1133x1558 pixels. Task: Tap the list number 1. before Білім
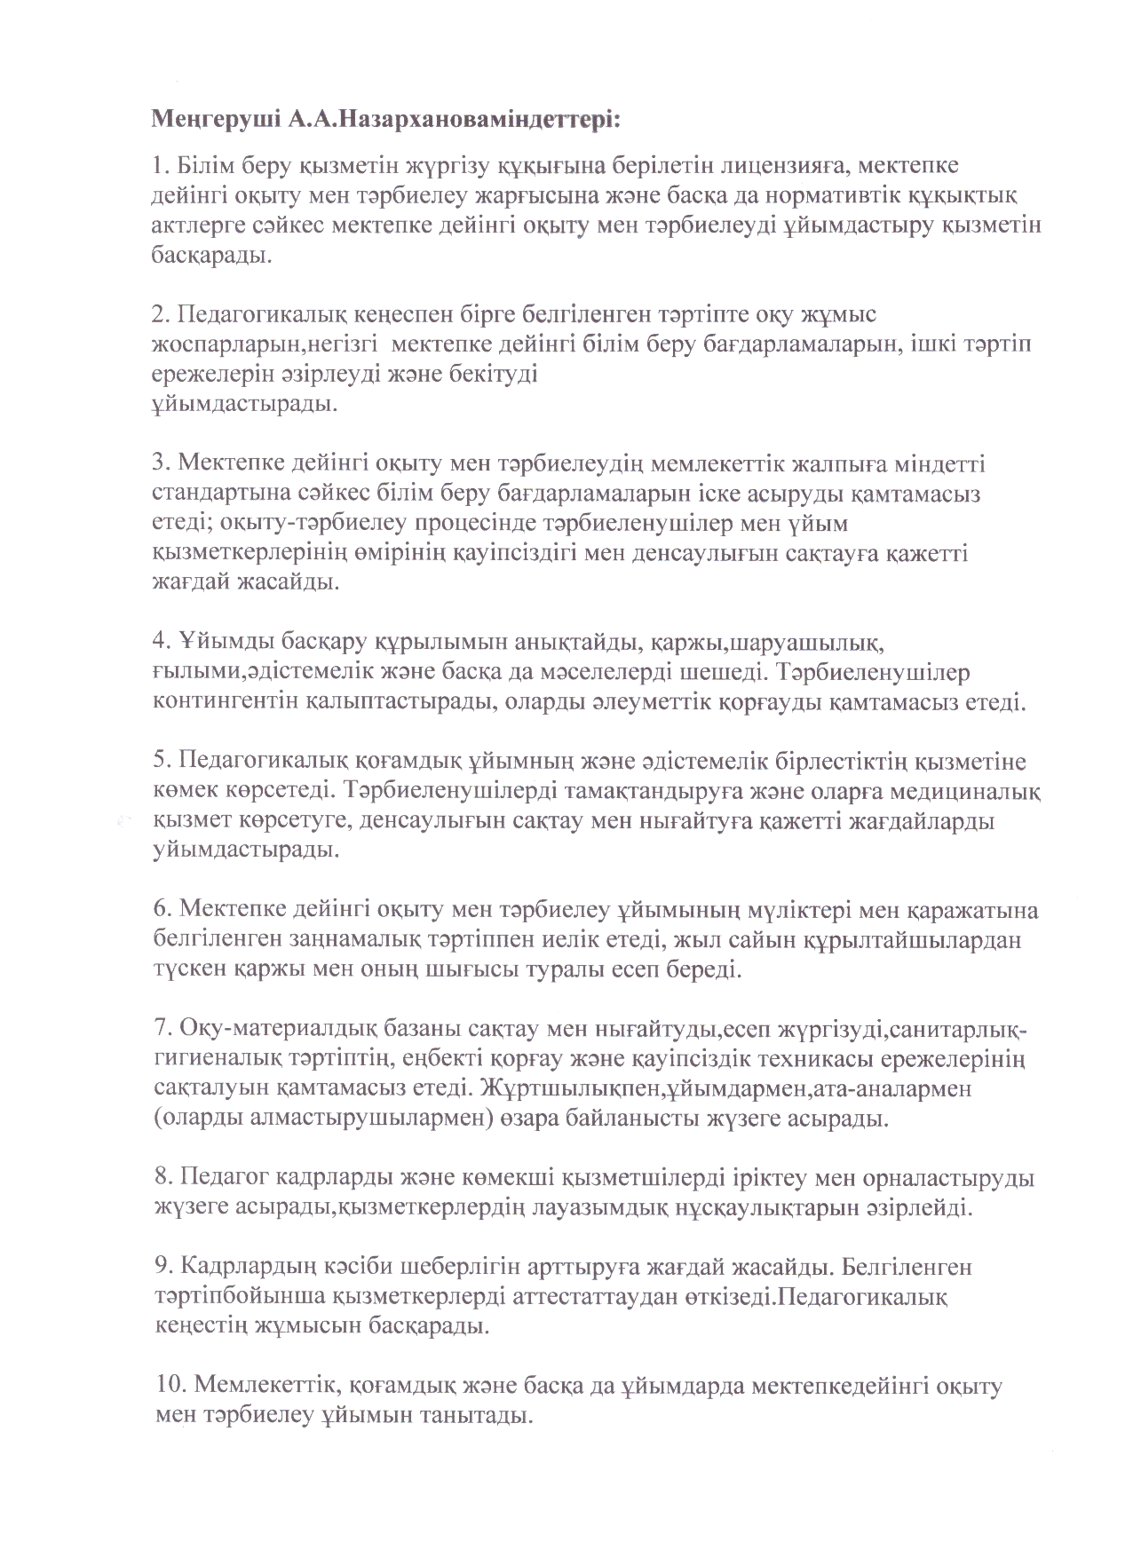161,165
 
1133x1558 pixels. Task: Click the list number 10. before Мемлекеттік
169,1388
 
